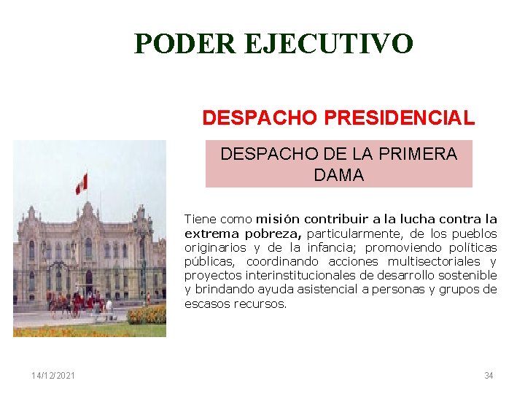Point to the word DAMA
[338, 175]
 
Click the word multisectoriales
[434, 261]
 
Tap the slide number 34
[489, 376]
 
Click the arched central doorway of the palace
[89, 282]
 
